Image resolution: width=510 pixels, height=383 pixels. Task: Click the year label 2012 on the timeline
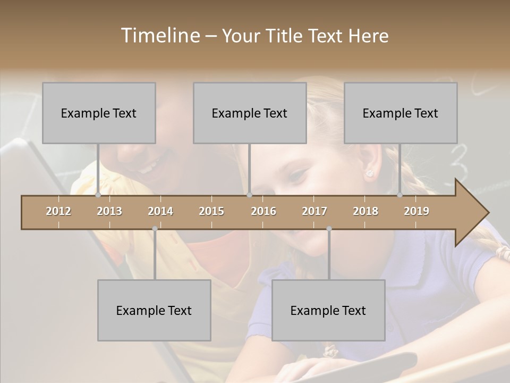58,212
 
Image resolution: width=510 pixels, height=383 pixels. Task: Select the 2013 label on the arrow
109,212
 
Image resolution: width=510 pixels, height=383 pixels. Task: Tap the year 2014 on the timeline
160,212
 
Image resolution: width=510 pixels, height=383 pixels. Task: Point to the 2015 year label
211,212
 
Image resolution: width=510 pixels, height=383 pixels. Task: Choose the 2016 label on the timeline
263,212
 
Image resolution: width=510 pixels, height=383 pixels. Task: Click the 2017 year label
314,212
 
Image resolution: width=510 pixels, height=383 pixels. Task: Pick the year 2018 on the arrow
365,212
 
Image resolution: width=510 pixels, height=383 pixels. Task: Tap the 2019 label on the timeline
416,212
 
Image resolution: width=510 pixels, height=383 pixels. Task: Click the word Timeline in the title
159,36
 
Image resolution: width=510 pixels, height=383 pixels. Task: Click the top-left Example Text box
99,113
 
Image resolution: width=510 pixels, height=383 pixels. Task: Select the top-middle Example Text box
250,113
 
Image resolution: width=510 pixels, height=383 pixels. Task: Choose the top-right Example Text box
401,113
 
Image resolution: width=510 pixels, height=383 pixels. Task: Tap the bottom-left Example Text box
154,310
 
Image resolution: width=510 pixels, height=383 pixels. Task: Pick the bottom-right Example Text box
328,310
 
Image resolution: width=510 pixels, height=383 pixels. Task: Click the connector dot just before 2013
98,195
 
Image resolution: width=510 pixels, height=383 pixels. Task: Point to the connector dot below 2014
155,229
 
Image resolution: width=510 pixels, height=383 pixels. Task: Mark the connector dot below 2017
329,229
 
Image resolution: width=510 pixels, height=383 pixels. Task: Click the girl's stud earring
369,173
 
